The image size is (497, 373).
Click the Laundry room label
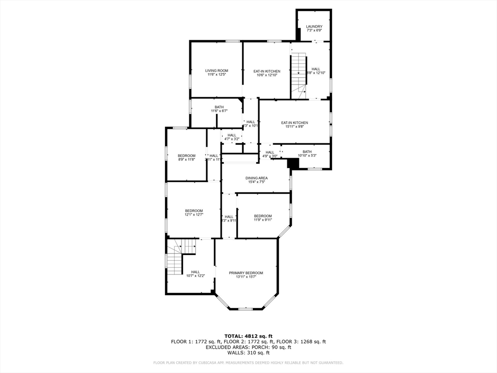coord(314,26)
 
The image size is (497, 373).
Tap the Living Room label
coord(216,70)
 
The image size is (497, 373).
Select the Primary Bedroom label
coord(246,273)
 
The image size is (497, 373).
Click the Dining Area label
coord(256,178)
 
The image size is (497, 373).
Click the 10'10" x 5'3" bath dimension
coord(307,155)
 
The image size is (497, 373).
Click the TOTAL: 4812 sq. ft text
coord(248,336)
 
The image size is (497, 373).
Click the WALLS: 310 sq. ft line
coord(248,353)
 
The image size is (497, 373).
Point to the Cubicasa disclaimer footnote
coord(248,362)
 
